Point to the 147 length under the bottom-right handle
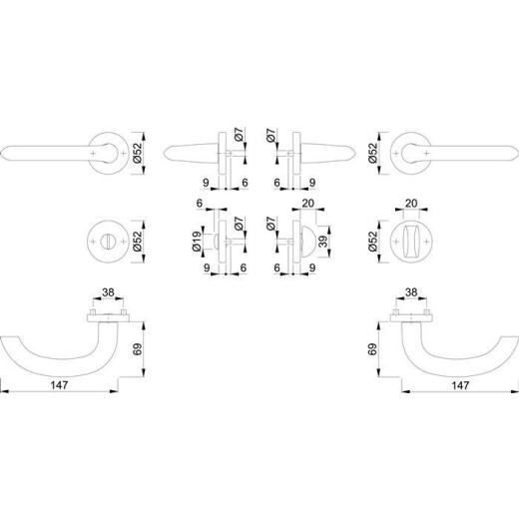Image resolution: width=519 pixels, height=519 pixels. pyautogui.click(x=460, y=384)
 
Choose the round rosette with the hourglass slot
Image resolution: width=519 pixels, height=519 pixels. pyautogui.click(x=412, y=240)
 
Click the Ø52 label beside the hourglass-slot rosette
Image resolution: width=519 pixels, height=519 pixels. pyautogui.click(x=371, y=240)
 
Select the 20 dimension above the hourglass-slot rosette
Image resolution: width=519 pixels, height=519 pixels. pyautogui.click(x=412, y=203)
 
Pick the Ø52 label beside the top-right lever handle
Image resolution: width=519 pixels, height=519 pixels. pyautogui.click(x=371, y=152)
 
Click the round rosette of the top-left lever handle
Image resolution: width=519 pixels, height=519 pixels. pyautogui.click(x=106, y=152)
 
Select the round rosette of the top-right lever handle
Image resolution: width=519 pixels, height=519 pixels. pyautogui.click(x=412, y=152)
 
